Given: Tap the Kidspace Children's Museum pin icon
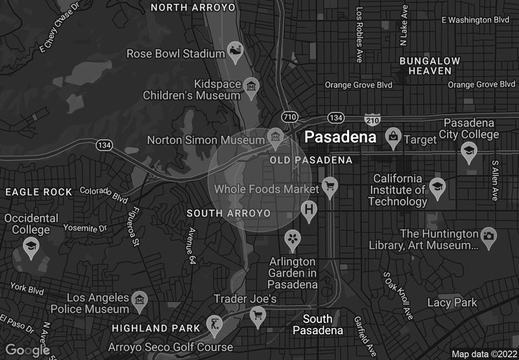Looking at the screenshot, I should [251, 86].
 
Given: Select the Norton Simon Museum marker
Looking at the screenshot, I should [276, 138].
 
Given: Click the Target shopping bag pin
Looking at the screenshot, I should [392, 136].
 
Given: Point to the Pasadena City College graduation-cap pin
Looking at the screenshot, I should [468, 152].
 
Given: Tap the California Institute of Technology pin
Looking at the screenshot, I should [437, 187].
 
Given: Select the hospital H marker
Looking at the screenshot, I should [309, 210].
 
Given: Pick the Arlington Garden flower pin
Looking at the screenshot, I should [293, 239].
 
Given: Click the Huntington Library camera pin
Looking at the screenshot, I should [489, 235].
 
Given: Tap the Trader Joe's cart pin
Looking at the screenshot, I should [258, 316].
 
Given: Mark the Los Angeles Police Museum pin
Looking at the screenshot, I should [139, 300].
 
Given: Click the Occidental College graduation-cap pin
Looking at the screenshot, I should [30, 246].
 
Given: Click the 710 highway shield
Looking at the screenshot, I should [289, 117].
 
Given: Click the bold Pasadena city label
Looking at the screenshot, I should [341, 138].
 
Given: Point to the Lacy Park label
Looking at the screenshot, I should [452, 303].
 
